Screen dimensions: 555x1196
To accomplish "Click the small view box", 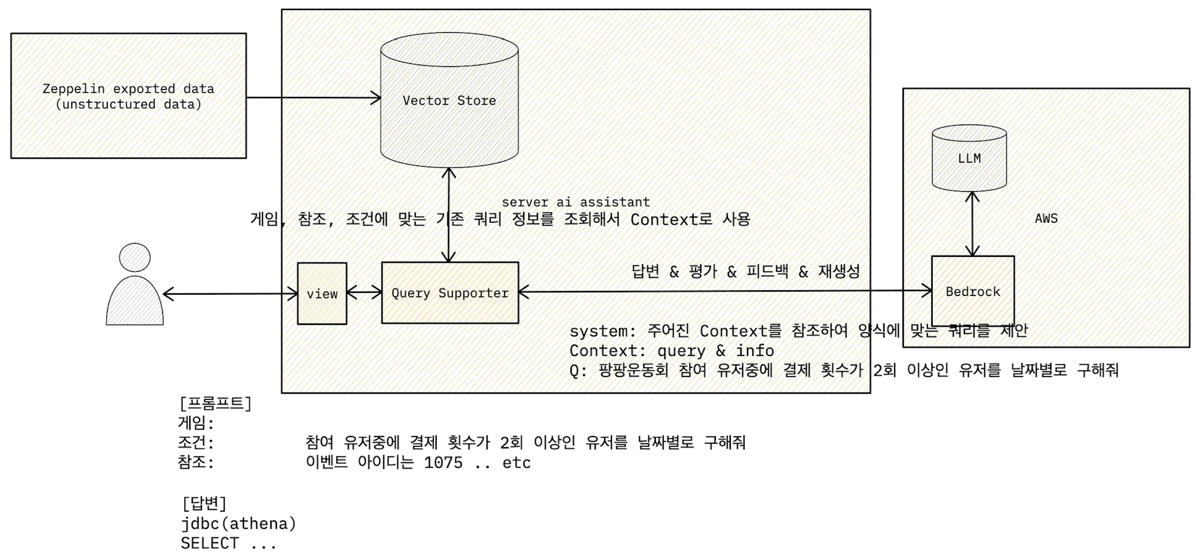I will pos(322,294).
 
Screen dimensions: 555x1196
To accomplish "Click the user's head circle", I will pos(134,257).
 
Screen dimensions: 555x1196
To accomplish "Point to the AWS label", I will pos(1046,218).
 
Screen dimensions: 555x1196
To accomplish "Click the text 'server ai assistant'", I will pos(575,202).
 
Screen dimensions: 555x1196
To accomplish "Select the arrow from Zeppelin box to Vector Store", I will pos(313,97).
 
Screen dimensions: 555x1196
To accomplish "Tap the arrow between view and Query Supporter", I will pos(364,292).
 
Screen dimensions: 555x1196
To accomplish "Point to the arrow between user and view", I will pos(230,294).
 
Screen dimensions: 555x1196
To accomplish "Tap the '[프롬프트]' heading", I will pos(216,403).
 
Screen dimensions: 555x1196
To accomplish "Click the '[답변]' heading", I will pos(204,503).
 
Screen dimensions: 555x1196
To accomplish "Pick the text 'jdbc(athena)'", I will pos(238,523).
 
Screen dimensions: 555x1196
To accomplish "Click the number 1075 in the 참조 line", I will pos(443,462).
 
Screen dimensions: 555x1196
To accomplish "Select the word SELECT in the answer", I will pos(210,543).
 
